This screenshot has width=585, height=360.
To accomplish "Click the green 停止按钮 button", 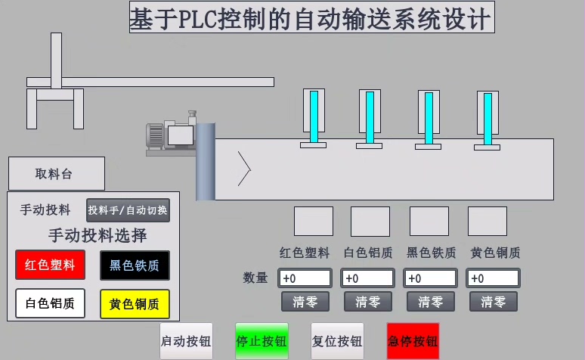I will [x=262, y=341].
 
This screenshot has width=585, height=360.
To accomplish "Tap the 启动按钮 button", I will [x=186, y=341].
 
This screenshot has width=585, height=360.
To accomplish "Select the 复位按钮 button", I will [x=337, y=341].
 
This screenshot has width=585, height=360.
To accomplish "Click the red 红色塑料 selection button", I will [x=50, y=265].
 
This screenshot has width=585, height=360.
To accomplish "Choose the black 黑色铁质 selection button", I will [x=135, y=265].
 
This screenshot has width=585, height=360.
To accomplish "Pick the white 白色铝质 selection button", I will [x=50, y=304].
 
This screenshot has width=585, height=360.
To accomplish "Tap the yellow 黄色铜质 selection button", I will [x=135, y=304].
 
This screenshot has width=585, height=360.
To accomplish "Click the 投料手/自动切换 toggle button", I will [x=128, y=210].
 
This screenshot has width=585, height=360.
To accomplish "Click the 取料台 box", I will [x=56, y=174].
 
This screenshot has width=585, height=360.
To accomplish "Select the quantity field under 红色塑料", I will [x=305, y=278].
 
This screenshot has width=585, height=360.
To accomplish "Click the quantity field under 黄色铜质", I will [x=493, y=278].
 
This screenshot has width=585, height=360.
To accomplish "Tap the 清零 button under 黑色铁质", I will [x=430, y=303].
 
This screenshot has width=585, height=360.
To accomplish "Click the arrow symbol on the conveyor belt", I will [x=244, y=168].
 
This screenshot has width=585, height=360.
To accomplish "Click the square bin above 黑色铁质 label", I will [x=429, y=221].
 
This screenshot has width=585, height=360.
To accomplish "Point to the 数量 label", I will [x=255, y=278].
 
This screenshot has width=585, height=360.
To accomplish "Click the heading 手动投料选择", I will [x=97, y=236].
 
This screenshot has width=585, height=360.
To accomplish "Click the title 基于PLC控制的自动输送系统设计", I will [x=311, y=17].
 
